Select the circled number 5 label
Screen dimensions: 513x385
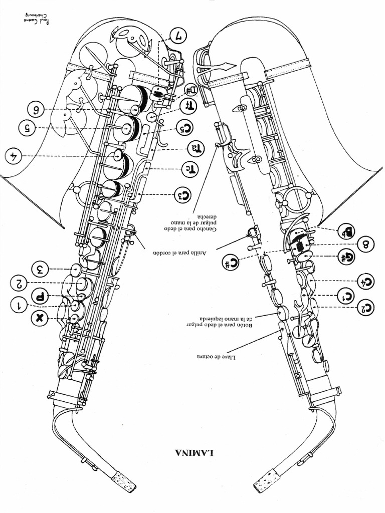tap(28, 128)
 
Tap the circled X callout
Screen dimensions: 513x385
tap(40, 318)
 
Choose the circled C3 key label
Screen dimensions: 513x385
tap(183, 194)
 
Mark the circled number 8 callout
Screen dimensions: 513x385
tap(366, 244)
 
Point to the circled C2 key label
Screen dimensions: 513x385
tap(366, 307)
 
